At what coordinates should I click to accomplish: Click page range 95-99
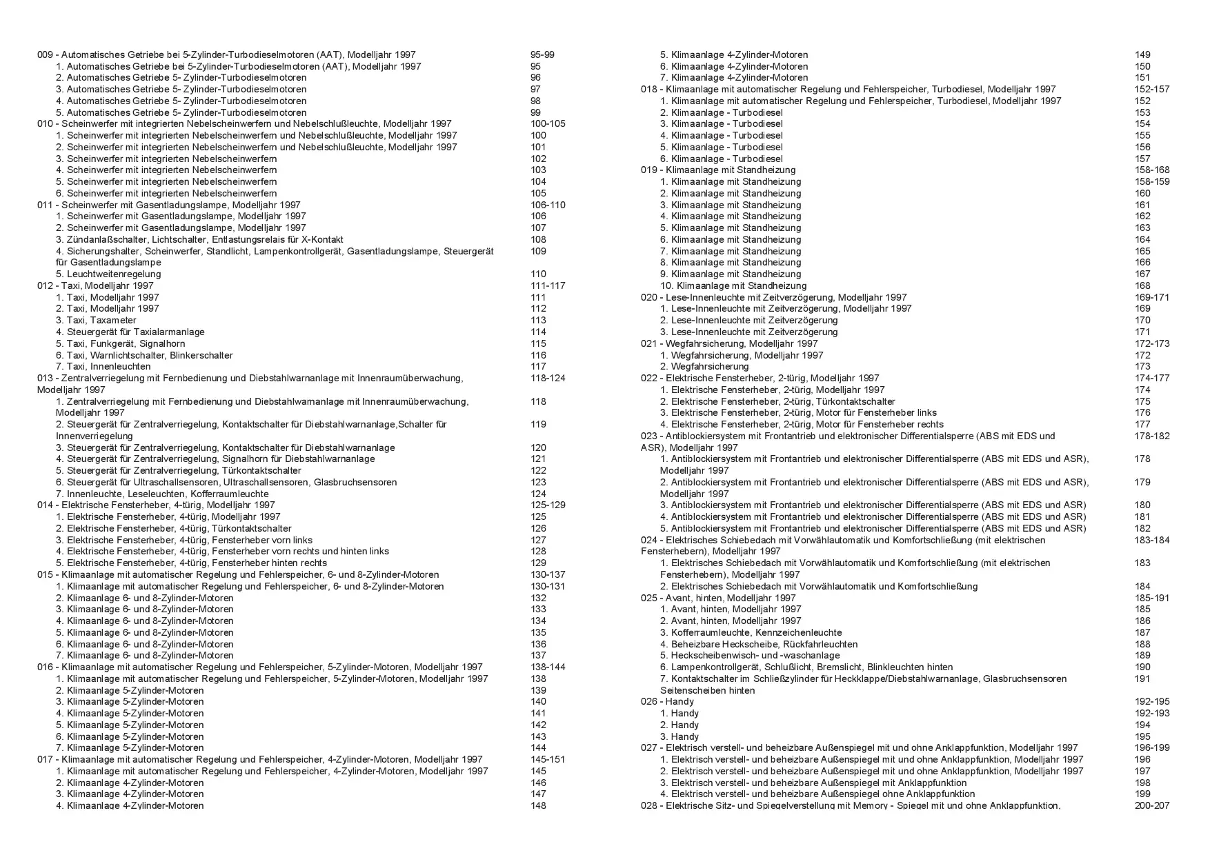coord(542,54)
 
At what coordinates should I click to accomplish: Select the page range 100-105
coord(548,123)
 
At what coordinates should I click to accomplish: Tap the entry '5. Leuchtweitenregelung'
coord(108,274)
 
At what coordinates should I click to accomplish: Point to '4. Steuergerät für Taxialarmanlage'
coord(130,332)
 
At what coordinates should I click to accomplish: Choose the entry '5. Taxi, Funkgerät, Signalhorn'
coord(121,343)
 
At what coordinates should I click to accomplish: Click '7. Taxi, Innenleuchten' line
coord(103,366)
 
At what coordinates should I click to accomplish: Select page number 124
coord(538,494)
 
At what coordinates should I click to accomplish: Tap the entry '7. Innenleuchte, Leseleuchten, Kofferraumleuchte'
coord(162,494)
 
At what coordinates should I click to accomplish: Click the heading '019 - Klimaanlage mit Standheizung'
coord(718,170)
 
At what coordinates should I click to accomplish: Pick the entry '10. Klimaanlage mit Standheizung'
coord(733,285)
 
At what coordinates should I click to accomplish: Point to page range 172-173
coord(1152,343)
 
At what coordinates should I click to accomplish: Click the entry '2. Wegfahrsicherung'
coord(704,366)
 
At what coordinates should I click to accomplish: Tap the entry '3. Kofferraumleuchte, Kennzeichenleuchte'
coord(751,632)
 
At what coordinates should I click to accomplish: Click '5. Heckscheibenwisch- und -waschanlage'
coord(750,655)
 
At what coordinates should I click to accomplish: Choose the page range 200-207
coord(1152,805)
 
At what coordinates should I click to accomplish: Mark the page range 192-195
coord(1152,701)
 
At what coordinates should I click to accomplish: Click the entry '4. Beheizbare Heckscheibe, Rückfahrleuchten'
coord(759,644)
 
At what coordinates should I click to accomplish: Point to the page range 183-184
coord(1152,540)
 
